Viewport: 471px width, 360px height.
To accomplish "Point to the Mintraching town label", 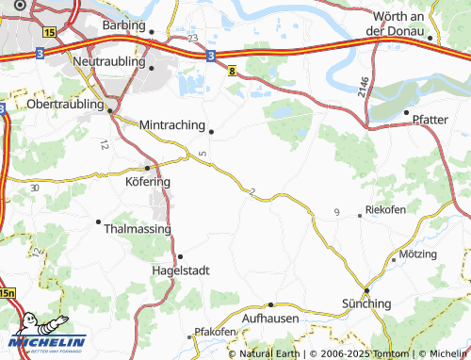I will pyautogui.click(x=171, y=124).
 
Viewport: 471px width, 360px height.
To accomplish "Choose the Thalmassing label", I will pyautogui.click(x=138, y=228).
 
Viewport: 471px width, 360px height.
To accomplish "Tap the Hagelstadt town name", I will pyautogui.click(x=180, y=270).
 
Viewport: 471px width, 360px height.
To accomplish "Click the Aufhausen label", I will pyautogui.click(x=270, y=319).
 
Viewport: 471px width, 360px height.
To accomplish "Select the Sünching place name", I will pyautogui.click(x=365, y=303).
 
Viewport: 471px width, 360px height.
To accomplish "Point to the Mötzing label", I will pyautogui.click(x=418, y=254).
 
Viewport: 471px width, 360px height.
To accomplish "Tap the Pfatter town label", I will pyautogui.click(x=430, y=119).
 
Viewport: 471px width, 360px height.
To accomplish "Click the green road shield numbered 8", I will pyautogui.click(x=232, y=67).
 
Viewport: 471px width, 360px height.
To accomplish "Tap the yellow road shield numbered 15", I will pyautogui.click(x=49, y=31).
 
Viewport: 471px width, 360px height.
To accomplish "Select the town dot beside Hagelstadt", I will pyautogui.click(x=180, y=256).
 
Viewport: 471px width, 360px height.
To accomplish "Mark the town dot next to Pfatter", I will pyautogui.click(x=406, y=120).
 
